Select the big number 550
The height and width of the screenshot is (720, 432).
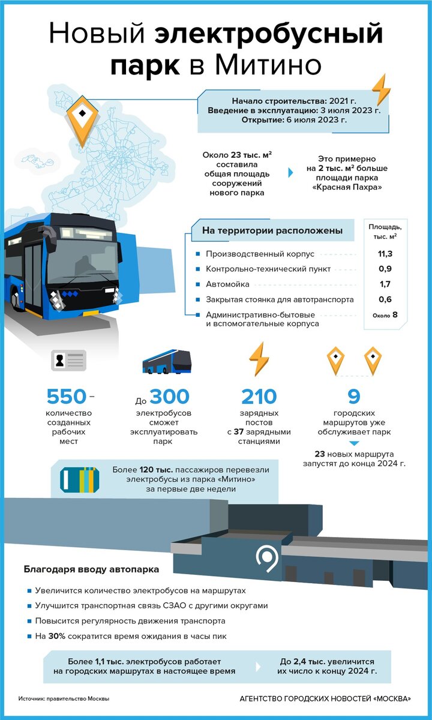coord(66,397)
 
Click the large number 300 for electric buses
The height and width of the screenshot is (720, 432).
coord(169,397)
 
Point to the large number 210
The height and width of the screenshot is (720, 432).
coord(259,397)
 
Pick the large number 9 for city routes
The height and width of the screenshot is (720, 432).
coord(354,397)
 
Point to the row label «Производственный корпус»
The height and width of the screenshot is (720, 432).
coord(260,254)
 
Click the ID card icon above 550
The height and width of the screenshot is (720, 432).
coord(68,362)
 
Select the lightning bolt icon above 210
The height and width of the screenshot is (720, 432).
coord(259,359)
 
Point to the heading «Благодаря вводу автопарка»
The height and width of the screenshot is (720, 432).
coord(91,569)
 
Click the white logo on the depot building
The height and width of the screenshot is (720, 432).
coord(265,558)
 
